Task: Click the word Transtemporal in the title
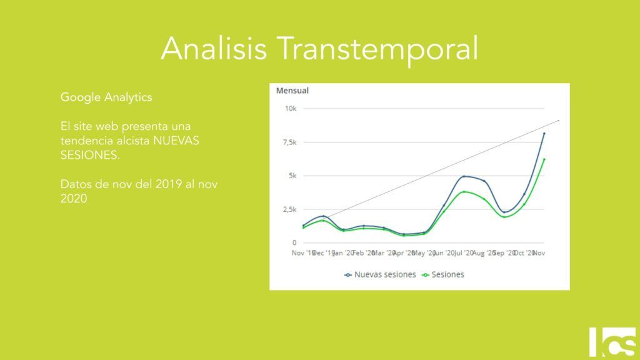pos(377,49)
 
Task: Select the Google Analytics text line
pos(106,97)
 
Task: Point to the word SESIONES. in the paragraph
pos(90,154)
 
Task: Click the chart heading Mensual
pos(292,91)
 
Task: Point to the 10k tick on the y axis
pos(291,109)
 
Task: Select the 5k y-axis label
pos(292,176)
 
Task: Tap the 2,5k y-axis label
pos(288,209)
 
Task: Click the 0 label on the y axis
pos(294,242)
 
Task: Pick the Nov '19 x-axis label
pos(303,253)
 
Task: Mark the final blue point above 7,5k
pos(544,133)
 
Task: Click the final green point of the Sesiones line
pos(544,159)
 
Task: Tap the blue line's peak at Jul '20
pos(464,177)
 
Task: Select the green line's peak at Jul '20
pos(464,192)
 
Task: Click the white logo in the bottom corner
pos(612,341)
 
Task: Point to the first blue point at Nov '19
pos(304,226)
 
